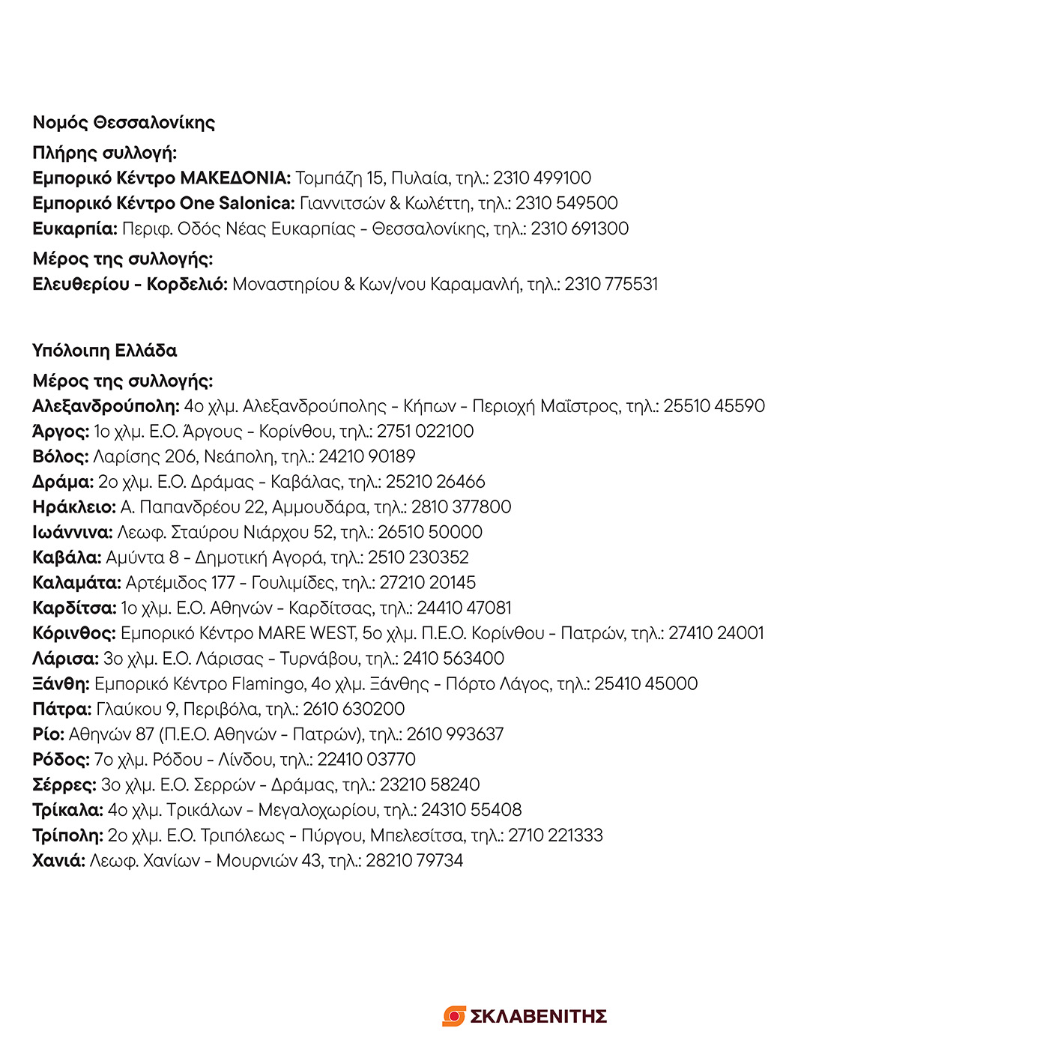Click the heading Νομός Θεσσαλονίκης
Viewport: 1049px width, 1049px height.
pos(124,123)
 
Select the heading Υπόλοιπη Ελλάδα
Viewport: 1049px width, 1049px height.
pos(105,351)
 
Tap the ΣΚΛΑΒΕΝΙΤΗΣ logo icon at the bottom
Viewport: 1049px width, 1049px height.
pos(454,1016)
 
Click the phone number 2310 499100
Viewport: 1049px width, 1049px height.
pos(542,178)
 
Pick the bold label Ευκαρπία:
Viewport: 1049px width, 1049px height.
pos(75,229)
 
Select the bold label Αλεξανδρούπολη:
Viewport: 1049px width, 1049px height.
pos(106,407)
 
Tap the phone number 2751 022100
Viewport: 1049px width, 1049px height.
pos(425,432)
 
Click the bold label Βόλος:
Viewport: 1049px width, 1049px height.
pos(61,457)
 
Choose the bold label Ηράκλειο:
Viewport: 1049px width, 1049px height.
pos(74,507)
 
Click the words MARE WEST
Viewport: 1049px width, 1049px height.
pos(306,634)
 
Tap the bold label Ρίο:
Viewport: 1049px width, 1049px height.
pos(49,734)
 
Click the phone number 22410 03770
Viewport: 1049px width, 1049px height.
pos(366,760)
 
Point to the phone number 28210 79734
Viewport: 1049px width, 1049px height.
pos(414,861)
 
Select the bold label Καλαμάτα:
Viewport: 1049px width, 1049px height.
pos(76,583)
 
